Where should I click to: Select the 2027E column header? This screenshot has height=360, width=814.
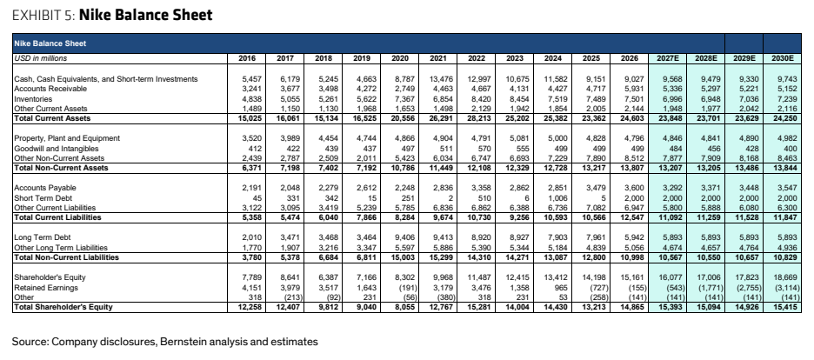click(668, 58)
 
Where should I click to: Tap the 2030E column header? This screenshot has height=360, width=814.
click(783, 58)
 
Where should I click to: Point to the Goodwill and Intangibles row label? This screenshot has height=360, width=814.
click(56, 149)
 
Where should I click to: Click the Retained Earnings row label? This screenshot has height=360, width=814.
click(46, 287)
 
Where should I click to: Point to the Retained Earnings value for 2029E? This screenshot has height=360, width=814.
click(745, 287)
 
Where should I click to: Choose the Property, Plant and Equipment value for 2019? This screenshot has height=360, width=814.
click(367, 138)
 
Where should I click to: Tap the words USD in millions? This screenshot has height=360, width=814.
click(41, 58)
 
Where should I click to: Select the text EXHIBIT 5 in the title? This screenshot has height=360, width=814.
click(43, 16)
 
